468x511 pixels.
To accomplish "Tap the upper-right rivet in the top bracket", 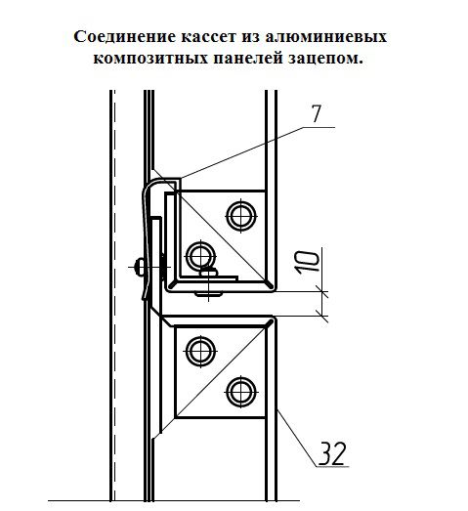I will point(237,213).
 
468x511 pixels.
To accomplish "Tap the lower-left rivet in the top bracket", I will point(200,256).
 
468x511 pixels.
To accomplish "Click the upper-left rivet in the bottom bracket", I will point(200,349).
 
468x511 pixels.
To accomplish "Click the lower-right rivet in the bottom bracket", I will point(237,392).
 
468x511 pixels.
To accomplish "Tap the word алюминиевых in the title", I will point(322,36).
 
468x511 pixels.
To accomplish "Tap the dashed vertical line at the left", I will point(113,293).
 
